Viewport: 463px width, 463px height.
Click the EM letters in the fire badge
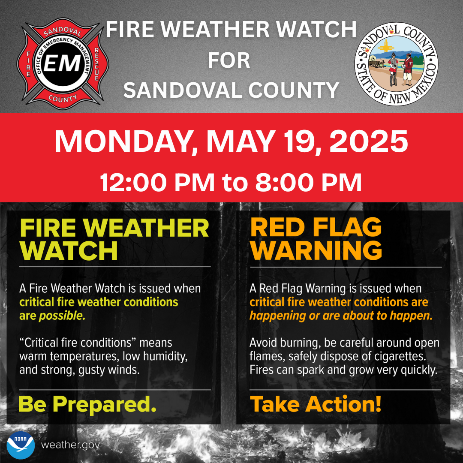point(62,63)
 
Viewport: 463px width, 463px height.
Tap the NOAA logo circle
point(21,445)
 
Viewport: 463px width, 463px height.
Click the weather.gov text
point(70,445)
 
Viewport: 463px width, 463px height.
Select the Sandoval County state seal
point(396,64)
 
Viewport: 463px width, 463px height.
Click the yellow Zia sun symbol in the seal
point(385,47)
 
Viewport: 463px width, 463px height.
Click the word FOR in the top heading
point(229,60)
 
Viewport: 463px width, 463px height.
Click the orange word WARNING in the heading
point(316,250)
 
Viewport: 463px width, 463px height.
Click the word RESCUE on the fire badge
point(96,64)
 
